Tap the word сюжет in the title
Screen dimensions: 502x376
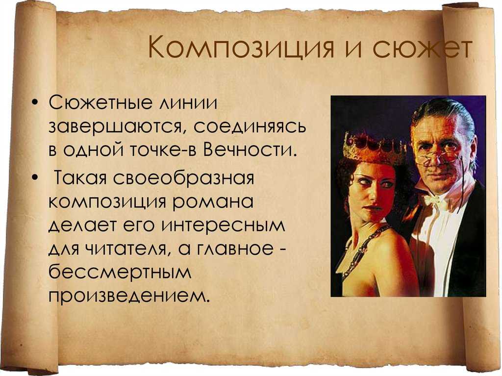[422, 48]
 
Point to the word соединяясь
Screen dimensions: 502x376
[250, 127]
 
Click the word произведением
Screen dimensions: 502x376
[129, 296]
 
